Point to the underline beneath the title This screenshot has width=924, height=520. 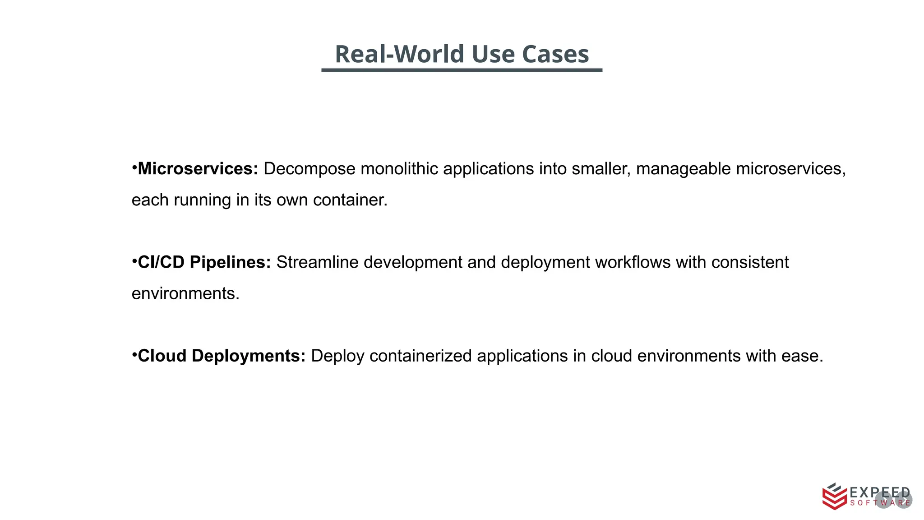(x=462, y=70)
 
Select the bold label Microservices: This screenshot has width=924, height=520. (x=198, y=169)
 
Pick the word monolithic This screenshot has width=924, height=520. (x=399, y=169)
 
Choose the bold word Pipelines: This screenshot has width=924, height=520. (x=230, y=262)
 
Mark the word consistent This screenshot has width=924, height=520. (x=750, y=262)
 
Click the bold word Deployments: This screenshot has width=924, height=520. (x=249, y=356)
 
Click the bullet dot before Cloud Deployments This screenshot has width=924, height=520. (x=134, y=355)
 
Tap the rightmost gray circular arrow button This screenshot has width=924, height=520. (x=904, y=500)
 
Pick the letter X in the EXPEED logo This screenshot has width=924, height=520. (x=864, y=492)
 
